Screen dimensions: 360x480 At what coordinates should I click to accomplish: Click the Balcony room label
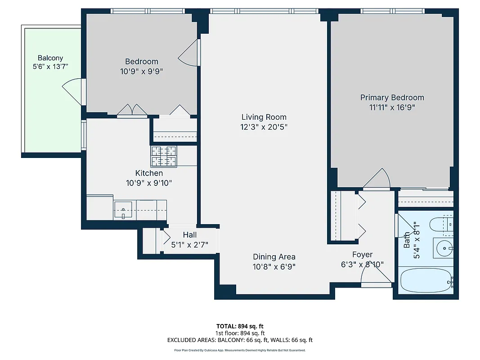(50, 58)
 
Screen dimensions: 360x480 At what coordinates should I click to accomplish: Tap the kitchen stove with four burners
(164, 156)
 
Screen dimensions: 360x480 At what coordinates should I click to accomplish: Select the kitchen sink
(123, 210)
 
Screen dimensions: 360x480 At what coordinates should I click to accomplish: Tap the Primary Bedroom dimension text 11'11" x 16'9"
(392, 108)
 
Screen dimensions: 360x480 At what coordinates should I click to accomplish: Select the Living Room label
(264, 117)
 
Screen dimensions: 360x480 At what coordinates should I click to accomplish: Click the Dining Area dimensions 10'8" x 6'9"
(274, 266)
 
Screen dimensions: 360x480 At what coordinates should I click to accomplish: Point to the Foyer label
(362, 255)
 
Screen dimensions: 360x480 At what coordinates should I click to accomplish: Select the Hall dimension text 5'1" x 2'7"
(189, 245)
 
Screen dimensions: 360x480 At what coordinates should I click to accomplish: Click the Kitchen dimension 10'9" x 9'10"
(149, 183)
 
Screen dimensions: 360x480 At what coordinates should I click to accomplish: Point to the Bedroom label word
(141, 62)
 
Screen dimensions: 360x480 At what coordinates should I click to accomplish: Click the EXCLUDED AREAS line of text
(240, 340)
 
